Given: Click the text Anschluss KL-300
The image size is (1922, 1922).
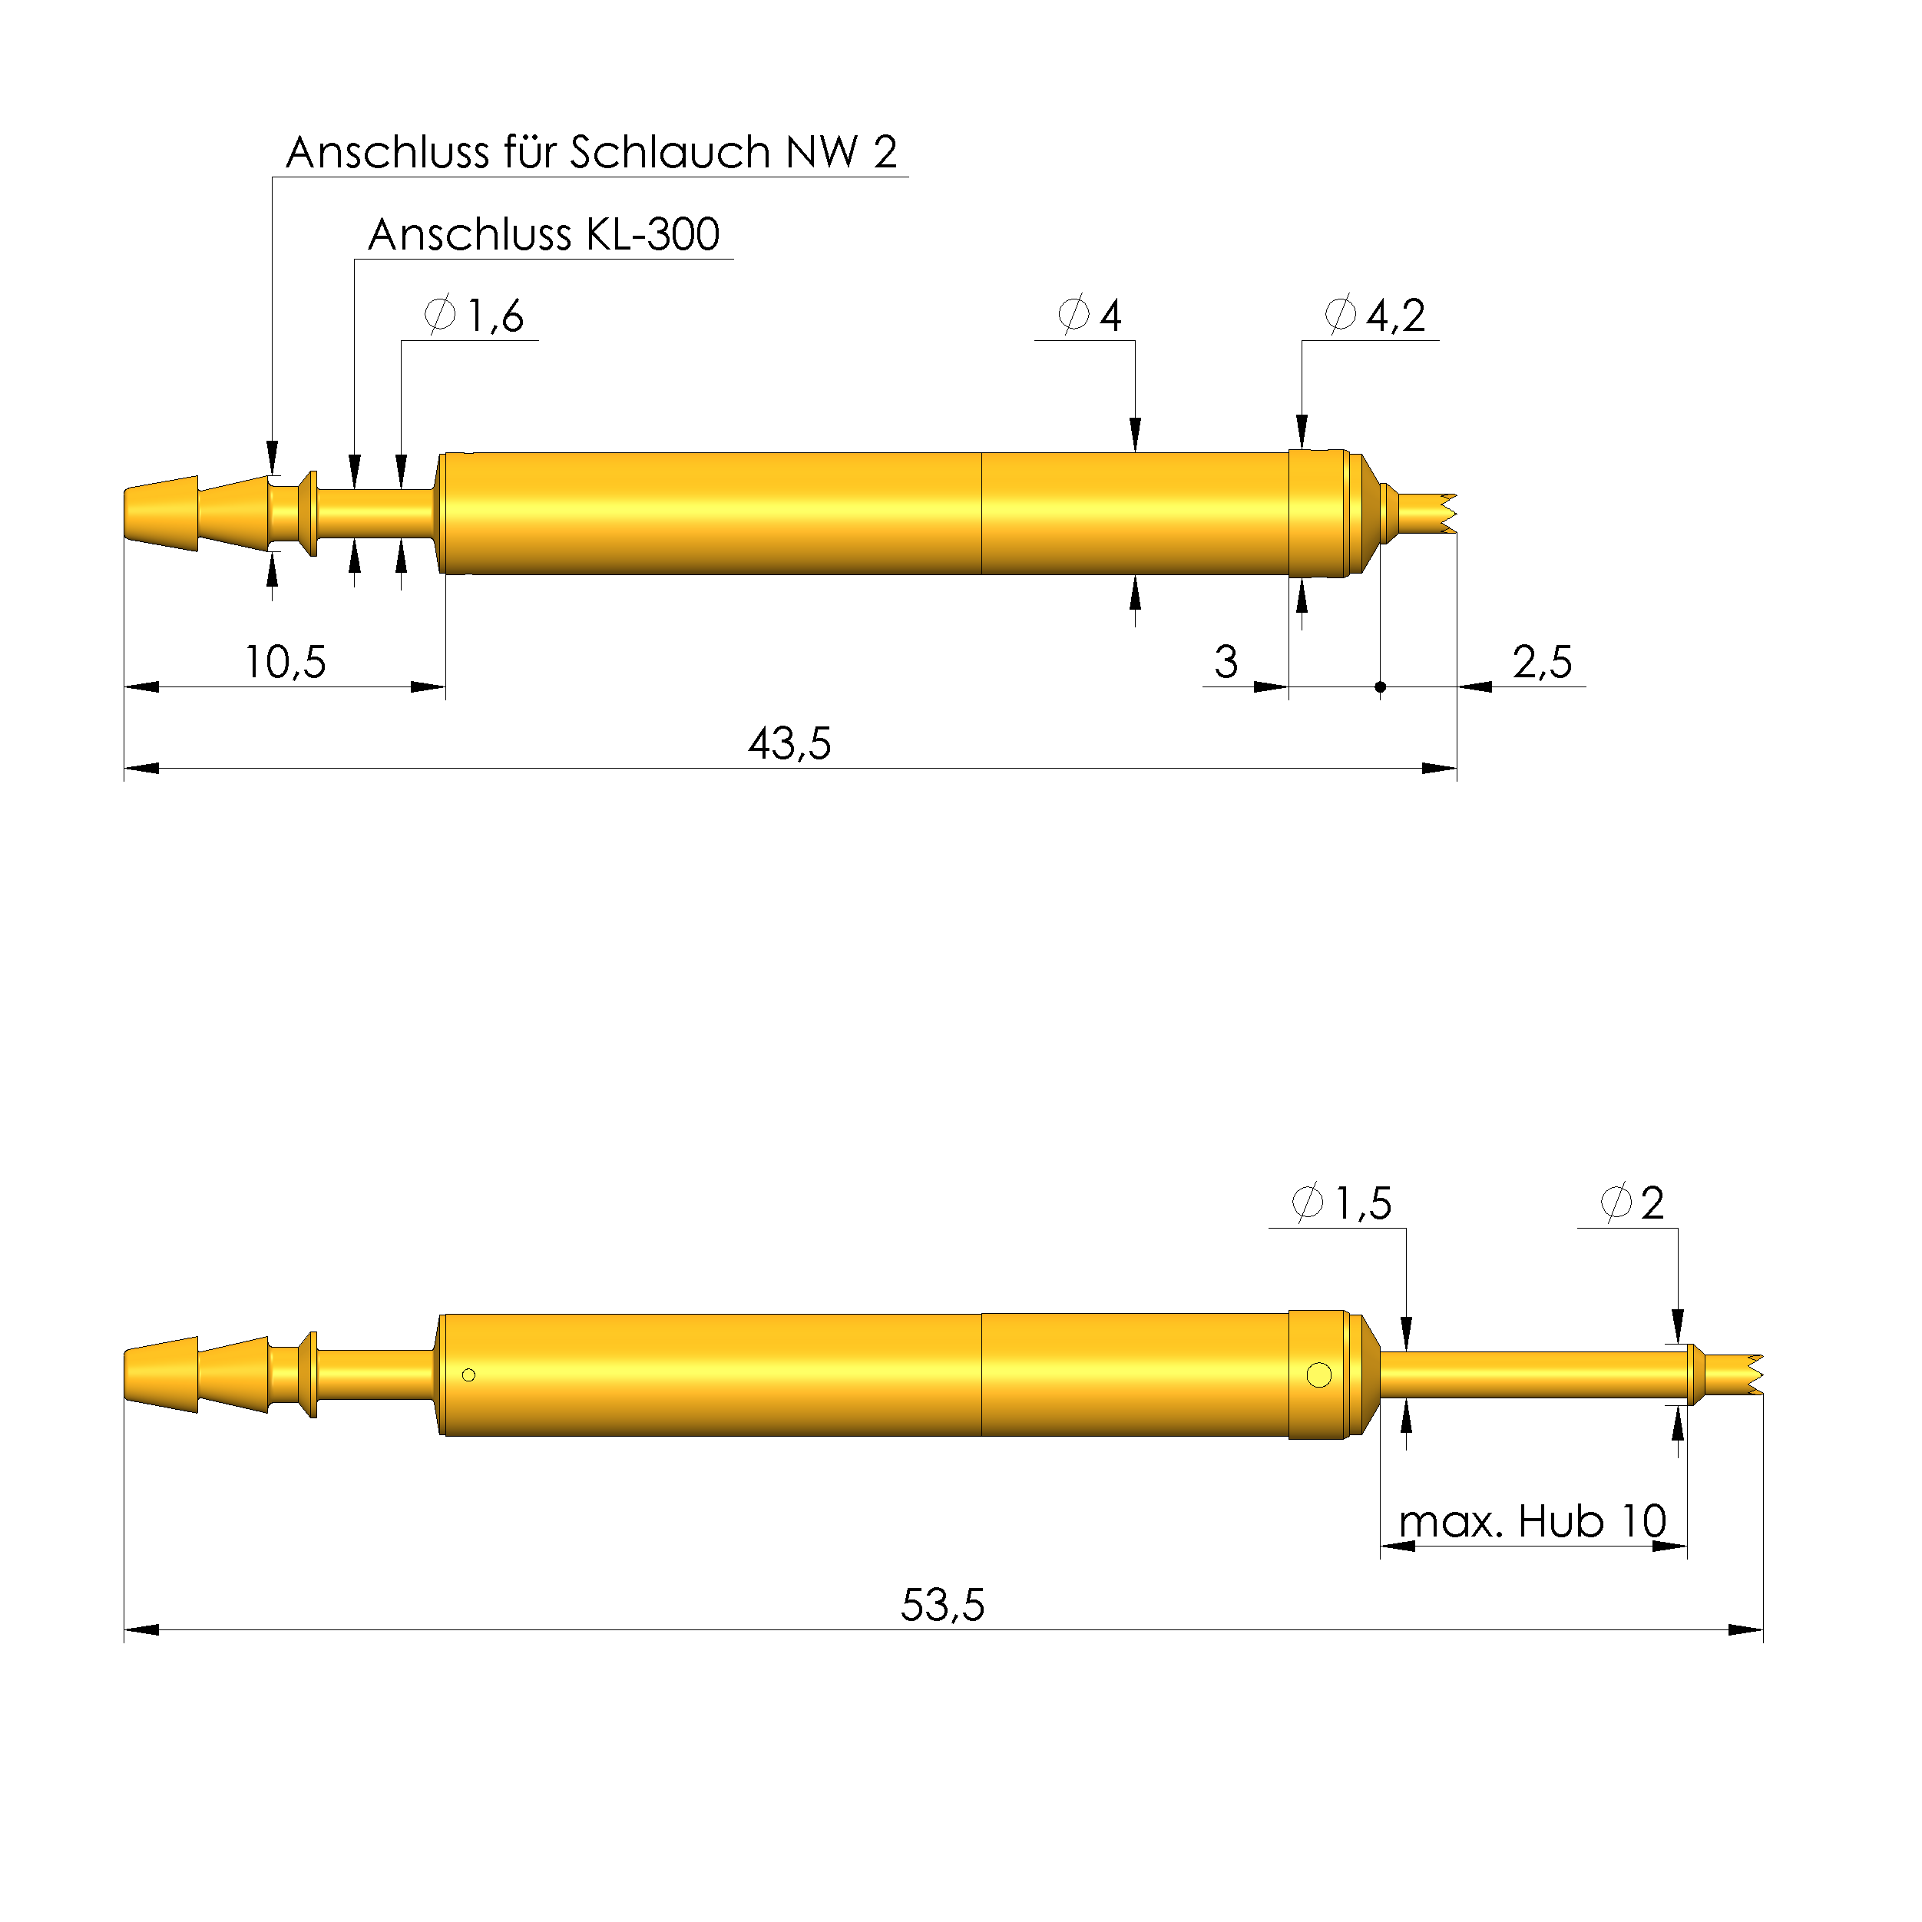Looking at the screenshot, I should point(543,235).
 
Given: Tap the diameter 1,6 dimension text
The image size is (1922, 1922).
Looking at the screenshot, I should point(475,316).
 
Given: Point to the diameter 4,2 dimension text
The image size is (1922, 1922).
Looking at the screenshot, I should point(1376,316).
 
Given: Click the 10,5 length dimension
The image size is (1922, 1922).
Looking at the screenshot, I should point(285,662).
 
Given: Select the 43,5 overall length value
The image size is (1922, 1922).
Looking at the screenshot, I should point(789,743).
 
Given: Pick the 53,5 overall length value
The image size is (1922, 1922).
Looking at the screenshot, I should point(942,1605).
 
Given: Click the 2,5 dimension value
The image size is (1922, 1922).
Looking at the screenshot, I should point(1542,662).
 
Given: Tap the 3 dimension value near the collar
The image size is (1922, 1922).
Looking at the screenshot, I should point(1226,662).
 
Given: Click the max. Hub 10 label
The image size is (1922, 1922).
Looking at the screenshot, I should point(1532,1521).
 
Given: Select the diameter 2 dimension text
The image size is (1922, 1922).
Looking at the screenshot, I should point(1633,1202).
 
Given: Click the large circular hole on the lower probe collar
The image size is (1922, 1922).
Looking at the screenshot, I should point(1319,1375).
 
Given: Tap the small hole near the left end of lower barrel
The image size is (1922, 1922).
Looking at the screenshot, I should point(468,1375).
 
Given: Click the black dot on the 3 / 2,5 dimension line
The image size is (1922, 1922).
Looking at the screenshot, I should point(1380,686).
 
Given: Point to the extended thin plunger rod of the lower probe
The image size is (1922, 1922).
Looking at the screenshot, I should point(1532,1374).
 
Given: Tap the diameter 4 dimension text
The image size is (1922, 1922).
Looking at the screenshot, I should point(1091,316).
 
